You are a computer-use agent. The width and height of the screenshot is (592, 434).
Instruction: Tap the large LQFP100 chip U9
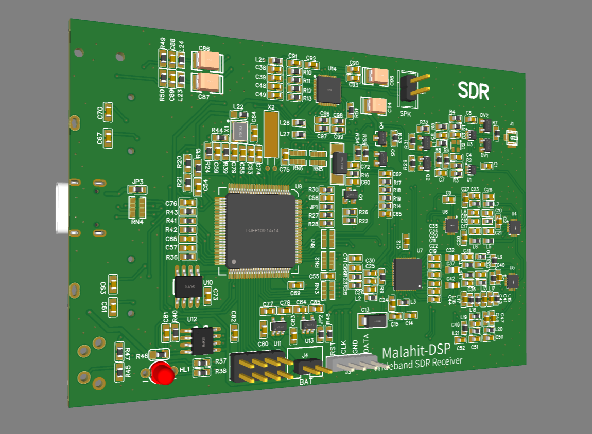click(260, 230)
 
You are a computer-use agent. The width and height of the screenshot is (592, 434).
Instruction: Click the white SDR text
click(474, 91)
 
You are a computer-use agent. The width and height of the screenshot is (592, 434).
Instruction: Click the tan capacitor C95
click(379, 77)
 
